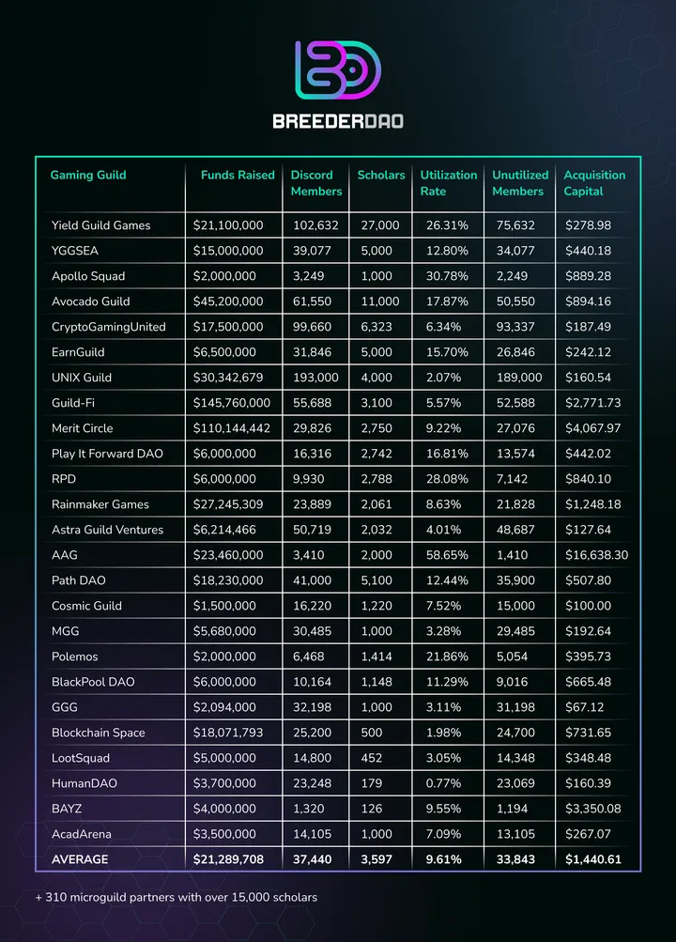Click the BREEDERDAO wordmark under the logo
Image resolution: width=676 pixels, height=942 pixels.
click(337, 121)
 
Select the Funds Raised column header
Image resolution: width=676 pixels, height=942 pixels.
click(238, 175)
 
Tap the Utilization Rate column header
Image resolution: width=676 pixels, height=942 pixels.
click(448, 183)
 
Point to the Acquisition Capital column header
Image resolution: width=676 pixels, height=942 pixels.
click(593, 183)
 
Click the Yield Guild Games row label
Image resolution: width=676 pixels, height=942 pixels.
click(100, 225)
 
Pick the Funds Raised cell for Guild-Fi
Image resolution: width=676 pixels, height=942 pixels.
click(231, 403)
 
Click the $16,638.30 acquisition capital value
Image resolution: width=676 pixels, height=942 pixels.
click(596, 555)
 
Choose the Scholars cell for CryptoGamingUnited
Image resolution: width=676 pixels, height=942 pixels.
click(377, 327)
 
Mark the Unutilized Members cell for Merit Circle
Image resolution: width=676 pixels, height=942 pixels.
click(516, 428)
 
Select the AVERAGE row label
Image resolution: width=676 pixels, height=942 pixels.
click(80, 859)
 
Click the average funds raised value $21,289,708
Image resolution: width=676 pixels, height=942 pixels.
click(231, 859)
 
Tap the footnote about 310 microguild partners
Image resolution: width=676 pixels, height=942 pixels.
click(176, 897)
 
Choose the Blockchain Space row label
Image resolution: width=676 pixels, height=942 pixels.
click(98, 733)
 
